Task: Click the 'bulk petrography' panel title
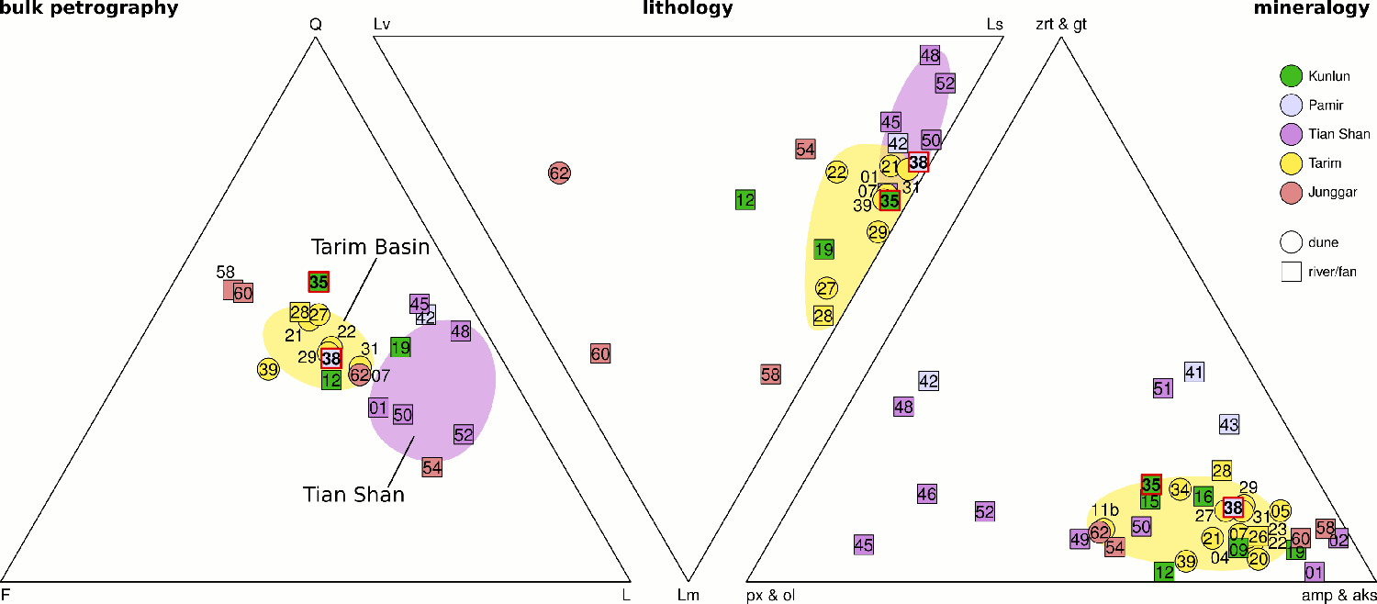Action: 88,9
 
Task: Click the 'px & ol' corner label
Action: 770,595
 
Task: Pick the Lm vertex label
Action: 688,595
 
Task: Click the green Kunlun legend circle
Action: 1292,76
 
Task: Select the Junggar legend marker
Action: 1292,192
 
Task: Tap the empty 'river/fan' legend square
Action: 1292,271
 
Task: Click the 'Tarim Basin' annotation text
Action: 370,247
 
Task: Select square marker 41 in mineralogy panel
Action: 1193,373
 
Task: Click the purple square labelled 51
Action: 1163,388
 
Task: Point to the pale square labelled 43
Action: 1229,425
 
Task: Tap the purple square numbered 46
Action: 927,495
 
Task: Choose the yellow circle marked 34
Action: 1181,490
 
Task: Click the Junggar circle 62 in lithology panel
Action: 560,172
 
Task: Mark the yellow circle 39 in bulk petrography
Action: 268,369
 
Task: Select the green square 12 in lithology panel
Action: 745,199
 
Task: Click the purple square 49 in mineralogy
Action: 1080,540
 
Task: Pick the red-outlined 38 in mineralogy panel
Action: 1233,508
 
